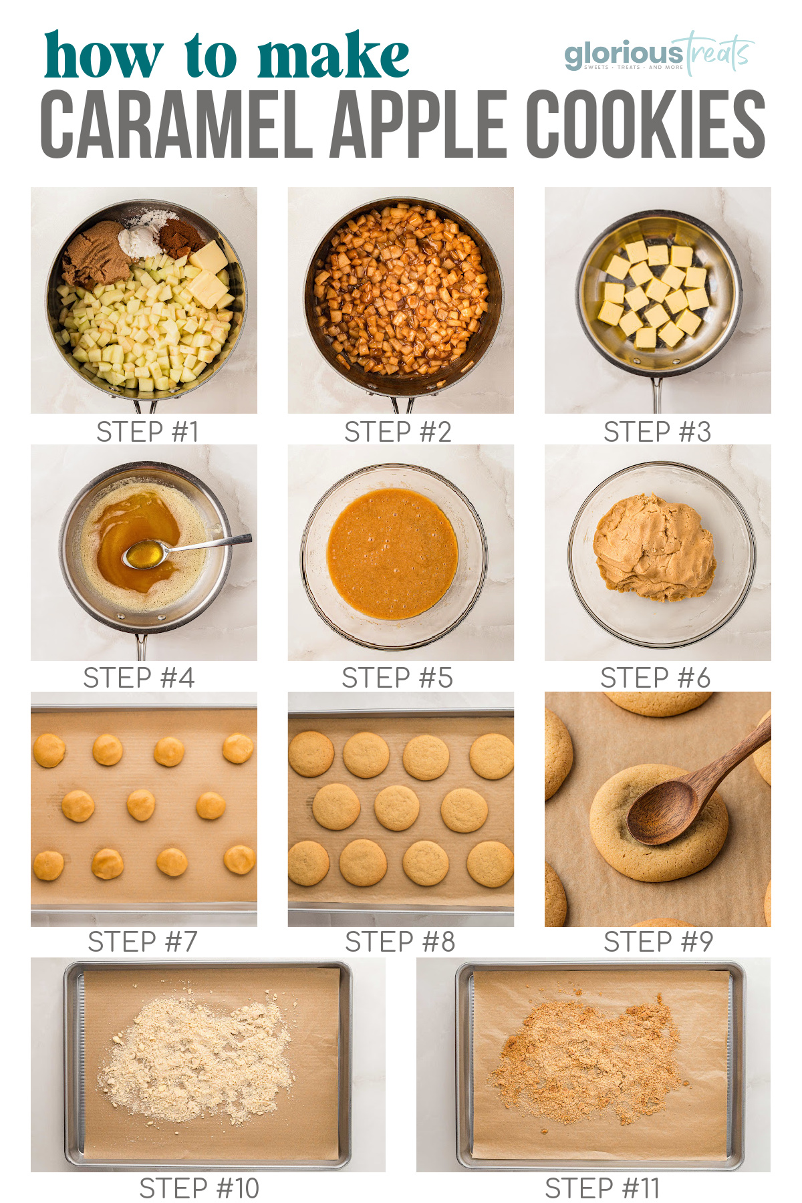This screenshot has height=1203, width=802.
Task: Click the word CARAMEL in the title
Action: click(176, 124)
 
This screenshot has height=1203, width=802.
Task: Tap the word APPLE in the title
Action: click(418, 124)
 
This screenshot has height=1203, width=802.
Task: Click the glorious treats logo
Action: click(659, 53)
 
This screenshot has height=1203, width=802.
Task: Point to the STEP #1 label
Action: click(148, 432)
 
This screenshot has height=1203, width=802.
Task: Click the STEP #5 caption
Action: click(397, 678)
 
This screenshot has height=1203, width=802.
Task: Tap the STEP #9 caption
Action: click(658, 942)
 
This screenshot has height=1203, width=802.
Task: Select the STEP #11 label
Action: click(602, 1189)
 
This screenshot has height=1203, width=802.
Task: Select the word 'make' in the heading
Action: click(333, 56)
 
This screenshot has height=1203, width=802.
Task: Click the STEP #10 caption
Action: click(199, 1189)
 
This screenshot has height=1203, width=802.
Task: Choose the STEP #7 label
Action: click(142, 942)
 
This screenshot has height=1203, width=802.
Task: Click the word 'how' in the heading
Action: click(104, 56)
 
